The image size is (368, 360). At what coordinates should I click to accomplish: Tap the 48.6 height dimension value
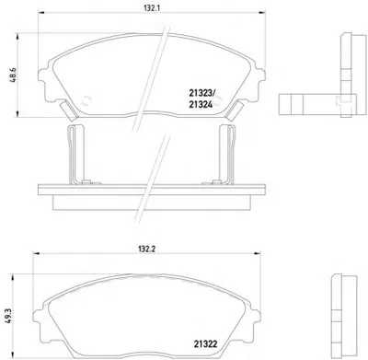point(14,75)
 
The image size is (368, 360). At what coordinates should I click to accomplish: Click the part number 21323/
point(202,93)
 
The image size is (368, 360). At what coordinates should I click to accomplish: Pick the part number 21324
point(201,105)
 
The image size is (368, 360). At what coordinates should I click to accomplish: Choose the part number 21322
point(205,343)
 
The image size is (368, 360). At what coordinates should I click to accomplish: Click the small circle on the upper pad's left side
point(86,100)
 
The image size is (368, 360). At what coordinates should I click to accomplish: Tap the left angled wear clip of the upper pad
point(68,110)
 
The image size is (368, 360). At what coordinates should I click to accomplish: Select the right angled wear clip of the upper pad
point(235,110)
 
